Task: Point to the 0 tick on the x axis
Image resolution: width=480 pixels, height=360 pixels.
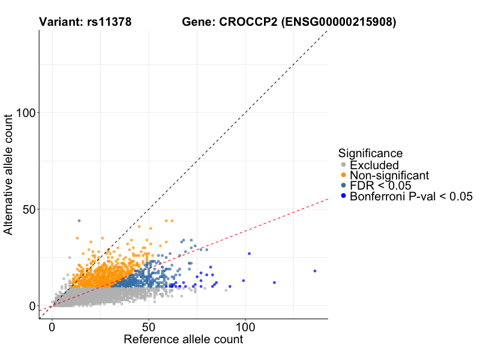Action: click(x=52, y=328)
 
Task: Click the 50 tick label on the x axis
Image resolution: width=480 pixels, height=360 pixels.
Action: click(x=149, y=328)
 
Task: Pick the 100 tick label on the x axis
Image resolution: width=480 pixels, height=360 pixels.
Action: click(x=245, y=328)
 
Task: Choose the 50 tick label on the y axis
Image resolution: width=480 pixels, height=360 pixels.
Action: click(x=28, y=209)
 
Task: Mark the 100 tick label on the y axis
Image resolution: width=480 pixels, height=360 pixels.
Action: click(x=25, y=113)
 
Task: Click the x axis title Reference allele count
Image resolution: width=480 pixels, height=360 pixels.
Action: click(x=183, y=340)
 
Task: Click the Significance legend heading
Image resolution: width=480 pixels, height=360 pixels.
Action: click(x=370, y=153)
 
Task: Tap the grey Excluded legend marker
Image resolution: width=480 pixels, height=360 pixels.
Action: click(x=343, y=165)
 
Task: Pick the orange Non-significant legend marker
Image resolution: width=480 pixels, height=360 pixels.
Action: click(x=343, y=175)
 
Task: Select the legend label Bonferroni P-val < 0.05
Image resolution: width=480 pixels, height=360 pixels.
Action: click(x=412, y=196)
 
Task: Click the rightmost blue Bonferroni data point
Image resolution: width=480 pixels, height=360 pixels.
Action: click(x=314, y=271)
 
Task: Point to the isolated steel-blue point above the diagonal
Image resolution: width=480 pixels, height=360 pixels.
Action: click(x=79, y=221)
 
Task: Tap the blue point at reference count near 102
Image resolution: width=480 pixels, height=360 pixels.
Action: click(x=249, y=254)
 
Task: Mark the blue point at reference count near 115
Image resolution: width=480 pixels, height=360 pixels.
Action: click(x=274, y=283)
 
